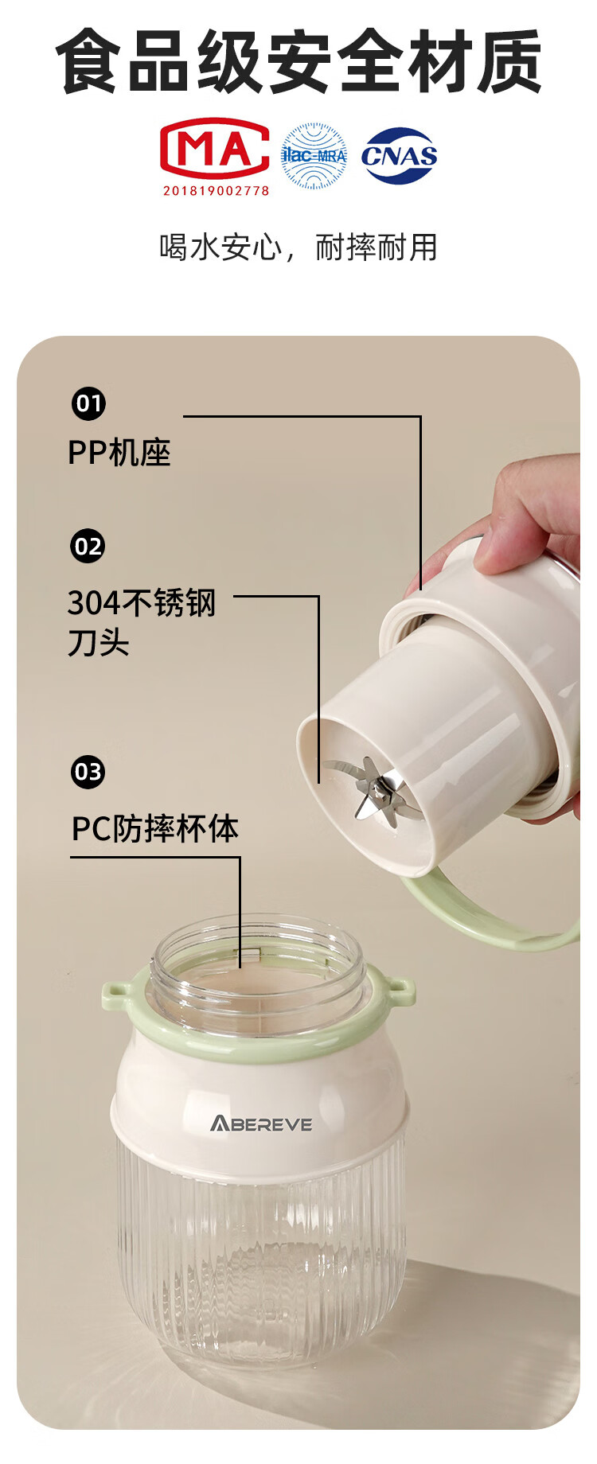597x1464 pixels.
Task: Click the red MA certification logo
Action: (215, 149)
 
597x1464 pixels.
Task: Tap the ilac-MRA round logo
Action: (314, 156)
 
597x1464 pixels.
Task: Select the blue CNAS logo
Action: (400, 156)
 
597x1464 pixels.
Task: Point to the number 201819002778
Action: (216, 190)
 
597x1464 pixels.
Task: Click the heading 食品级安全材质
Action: (298, 62)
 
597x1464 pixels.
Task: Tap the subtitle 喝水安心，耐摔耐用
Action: (298, 247)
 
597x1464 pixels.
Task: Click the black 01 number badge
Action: (88, 403)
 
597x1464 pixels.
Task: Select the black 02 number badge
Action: (88, 547)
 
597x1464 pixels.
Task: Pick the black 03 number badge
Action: (88, 772)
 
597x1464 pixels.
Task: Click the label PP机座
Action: (119, 453)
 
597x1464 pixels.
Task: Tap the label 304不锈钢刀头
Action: (142, 622)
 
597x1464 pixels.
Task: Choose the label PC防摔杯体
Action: (155, 829)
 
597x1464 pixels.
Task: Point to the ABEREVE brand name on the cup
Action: (261, 1123)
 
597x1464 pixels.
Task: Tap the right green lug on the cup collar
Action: (400, 991)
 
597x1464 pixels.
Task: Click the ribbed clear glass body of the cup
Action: (261, 1257)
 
